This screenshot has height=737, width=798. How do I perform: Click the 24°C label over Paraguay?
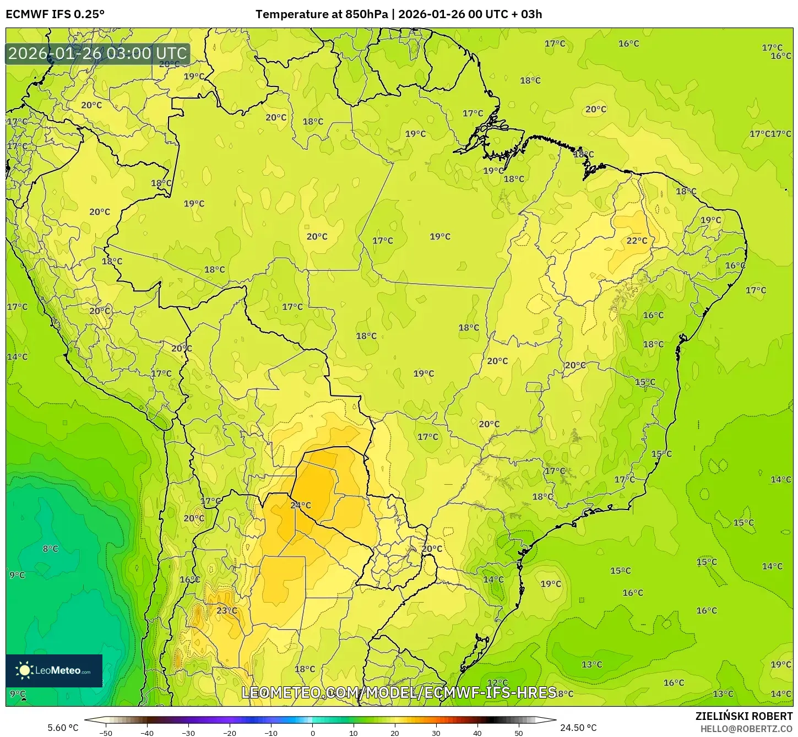[x=301, y=505]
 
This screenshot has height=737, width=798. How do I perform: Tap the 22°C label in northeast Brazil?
[x=637, y=241]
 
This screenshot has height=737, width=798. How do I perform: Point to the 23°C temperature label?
[x=226, y=610]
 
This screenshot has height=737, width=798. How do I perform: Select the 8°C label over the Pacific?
[x=50, y=549]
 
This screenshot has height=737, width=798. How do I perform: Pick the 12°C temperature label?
[x=497, y=683]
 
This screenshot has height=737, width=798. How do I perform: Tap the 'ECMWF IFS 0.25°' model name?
[x=55, y=14]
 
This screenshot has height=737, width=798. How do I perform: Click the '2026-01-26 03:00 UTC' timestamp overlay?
[x=97, y=53]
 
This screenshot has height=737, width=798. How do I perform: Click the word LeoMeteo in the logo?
[x=58, y=670]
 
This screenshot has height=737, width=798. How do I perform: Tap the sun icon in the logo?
[x=24, y=670]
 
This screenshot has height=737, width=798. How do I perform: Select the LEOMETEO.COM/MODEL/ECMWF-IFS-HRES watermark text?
[x=399, y=692]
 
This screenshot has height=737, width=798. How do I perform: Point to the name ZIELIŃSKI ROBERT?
[x=743, y=716]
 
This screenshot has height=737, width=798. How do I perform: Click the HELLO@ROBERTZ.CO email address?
[x=746, y=729]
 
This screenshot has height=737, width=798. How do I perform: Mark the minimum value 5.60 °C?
[x=63, y=728]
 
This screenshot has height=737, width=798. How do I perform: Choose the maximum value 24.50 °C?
[x=578, y=728]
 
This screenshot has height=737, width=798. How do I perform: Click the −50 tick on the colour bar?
[x=105, y=733]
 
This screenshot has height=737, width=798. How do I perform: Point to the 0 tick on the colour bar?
[x=312, y=733]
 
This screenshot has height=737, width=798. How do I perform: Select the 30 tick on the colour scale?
[x=436, y=733]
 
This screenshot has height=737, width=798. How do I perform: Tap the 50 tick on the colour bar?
[x=519, y=733]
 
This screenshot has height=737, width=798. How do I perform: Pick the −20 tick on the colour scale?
[x=229, y=733]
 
